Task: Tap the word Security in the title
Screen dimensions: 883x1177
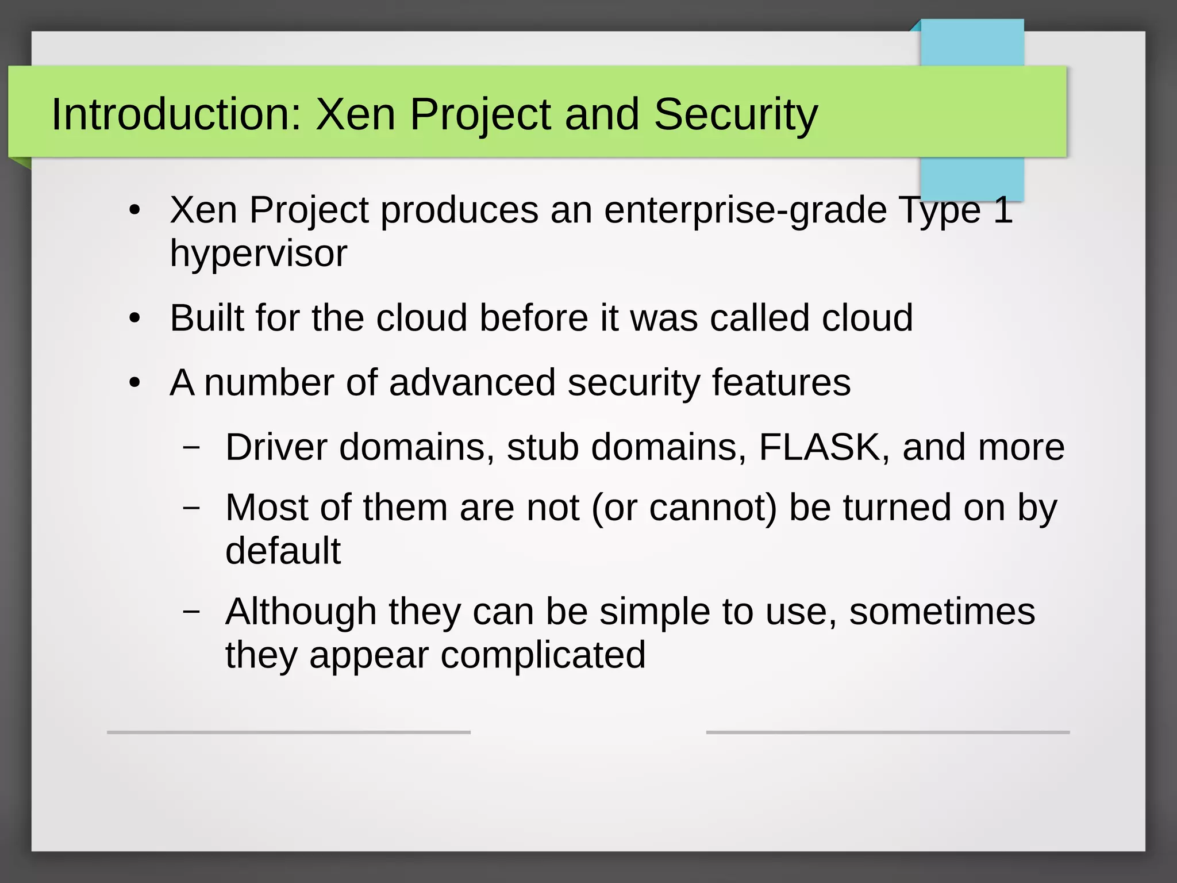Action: tap(736, 115)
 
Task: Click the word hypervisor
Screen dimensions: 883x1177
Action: tap(259, 254)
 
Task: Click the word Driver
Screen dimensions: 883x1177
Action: tap(276, 447)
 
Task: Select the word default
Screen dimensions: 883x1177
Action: tap(283, 551)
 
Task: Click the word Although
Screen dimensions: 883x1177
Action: tap(301, 611)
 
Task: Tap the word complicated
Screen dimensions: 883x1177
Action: tap(543, 655)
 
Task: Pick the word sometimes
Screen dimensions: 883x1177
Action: tap(942, 611)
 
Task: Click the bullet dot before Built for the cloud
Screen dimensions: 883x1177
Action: tap(134, 318)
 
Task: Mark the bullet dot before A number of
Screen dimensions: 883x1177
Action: tap(134, 383)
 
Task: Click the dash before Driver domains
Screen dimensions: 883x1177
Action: tap(191, 447)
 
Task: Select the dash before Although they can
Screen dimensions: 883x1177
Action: tap(191, 612)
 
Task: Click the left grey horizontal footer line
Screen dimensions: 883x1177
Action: tap(289, 732)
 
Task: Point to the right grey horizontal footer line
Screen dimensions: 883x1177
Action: tap(887, 732)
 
